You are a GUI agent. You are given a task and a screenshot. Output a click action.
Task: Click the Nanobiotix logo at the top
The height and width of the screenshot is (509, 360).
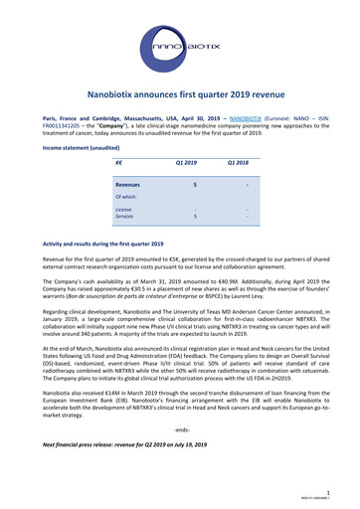tap(179, 44)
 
